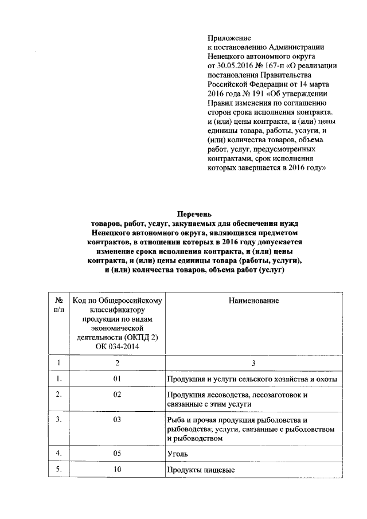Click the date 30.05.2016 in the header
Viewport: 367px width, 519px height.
[x=238, y=66]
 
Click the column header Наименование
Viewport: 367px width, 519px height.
[x=253, y=301]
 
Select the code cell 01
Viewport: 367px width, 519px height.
[x=117, y=379]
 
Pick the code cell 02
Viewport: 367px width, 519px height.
[x=117, y=395]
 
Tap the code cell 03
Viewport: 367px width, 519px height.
[x=117, y=420]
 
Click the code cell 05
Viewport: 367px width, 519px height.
[x=117, y=454]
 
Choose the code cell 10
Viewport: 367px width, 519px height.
[x=117, y=471]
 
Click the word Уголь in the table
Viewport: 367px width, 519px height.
[x=178, y=454]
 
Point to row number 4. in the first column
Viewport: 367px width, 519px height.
[x=58, y=454]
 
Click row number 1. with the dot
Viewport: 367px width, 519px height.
[x=58, y=379]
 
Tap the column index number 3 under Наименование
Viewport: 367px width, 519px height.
[x=253, y=363]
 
